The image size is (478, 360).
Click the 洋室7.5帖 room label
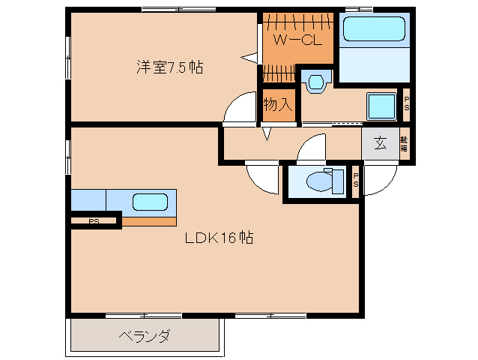point(169,67)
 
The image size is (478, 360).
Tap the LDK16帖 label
point(219,238)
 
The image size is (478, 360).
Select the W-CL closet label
point(297,39)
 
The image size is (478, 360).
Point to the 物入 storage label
point(277,103)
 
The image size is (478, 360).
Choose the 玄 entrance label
point(380,143)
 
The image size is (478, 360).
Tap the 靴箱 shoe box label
point(403,143)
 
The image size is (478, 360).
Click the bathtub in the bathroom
point(374,31)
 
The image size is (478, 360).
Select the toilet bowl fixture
point(318,181)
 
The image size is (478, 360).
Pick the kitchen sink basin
point(150,201)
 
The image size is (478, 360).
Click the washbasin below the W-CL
point(317,81)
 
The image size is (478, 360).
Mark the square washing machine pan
point(382,106)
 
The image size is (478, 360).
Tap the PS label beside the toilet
point(356,181)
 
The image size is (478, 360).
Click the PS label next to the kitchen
point(94,220)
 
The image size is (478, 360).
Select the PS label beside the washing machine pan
point(406,106)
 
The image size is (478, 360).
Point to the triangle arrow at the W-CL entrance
point(249,56)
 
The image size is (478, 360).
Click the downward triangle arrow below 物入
point(267,134)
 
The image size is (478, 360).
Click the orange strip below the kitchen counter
point(150,221)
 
